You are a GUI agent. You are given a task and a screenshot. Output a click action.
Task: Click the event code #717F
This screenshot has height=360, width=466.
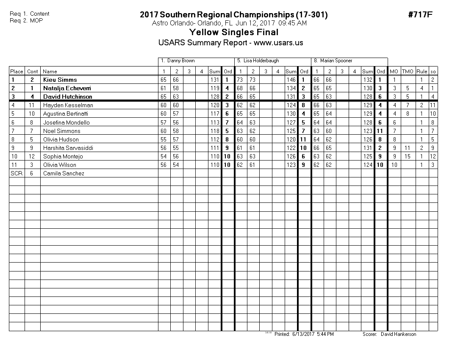[420, 15]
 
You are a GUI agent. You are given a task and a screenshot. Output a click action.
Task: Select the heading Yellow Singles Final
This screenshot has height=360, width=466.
[233, 32]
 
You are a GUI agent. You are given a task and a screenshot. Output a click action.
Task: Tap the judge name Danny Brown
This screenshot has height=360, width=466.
[181, 61]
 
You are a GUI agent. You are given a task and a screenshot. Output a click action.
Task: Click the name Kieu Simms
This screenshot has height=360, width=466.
[60, 80]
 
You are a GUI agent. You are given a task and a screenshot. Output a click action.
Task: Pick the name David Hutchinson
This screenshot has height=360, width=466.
[67, 97]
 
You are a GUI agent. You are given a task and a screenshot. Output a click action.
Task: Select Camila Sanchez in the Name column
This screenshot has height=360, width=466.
[64, 173]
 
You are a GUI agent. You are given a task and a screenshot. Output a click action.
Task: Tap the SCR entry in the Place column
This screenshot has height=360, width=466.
[16, 173]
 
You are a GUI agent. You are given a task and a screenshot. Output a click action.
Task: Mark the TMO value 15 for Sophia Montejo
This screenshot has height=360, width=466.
[407, 156]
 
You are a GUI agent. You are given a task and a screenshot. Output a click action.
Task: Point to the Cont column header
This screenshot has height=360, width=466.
[33, 72]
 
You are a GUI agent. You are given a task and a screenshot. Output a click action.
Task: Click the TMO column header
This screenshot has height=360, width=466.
[408, 72]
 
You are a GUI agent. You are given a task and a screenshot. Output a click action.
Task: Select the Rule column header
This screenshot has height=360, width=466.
[422, 72]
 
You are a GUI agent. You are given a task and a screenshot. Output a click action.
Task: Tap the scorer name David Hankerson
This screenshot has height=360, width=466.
[398, 334]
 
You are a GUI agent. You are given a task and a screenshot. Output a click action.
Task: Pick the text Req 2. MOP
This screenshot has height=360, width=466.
[26, 20]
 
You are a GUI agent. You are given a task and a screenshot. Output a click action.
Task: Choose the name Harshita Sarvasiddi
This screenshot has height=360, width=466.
[67, 148]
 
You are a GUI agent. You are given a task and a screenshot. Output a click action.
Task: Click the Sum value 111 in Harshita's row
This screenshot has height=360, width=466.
[214, 148]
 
